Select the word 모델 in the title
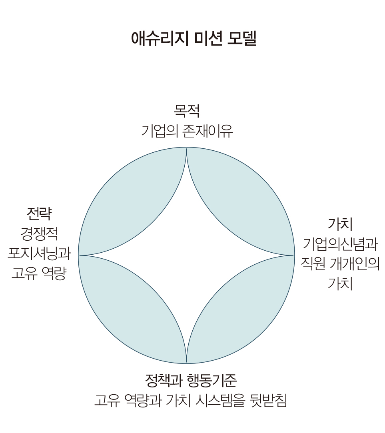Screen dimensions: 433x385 click(242, 38)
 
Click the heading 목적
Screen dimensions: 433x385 click(187, 111)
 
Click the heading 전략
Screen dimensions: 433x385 click(39, 214)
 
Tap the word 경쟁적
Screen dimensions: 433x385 click(39, 234)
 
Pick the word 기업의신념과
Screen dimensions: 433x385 click(340, 243)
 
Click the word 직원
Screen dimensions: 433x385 click(313, 264)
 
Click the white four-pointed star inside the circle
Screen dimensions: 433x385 click(187, 255)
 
